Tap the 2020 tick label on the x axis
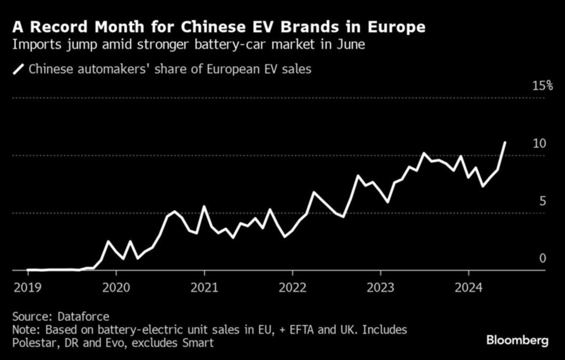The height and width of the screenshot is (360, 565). point(116,287)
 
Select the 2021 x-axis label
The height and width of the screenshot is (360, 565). point(204,287)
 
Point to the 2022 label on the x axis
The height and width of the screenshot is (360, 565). point(292,287)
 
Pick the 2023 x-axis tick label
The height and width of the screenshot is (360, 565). point(380,287)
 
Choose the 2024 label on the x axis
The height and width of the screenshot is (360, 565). point(468,287)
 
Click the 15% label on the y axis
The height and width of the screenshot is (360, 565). point(542,86)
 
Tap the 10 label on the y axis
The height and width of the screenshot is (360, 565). point(539,143)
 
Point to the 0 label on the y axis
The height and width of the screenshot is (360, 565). point(542,258)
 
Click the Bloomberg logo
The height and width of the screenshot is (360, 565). point(517,340)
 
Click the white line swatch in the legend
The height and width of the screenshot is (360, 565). point(18,69)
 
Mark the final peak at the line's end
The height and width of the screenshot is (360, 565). point(505,142)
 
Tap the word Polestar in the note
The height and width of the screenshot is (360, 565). point(33,343)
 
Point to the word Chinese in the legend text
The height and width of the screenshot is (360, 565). point(49,69)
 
